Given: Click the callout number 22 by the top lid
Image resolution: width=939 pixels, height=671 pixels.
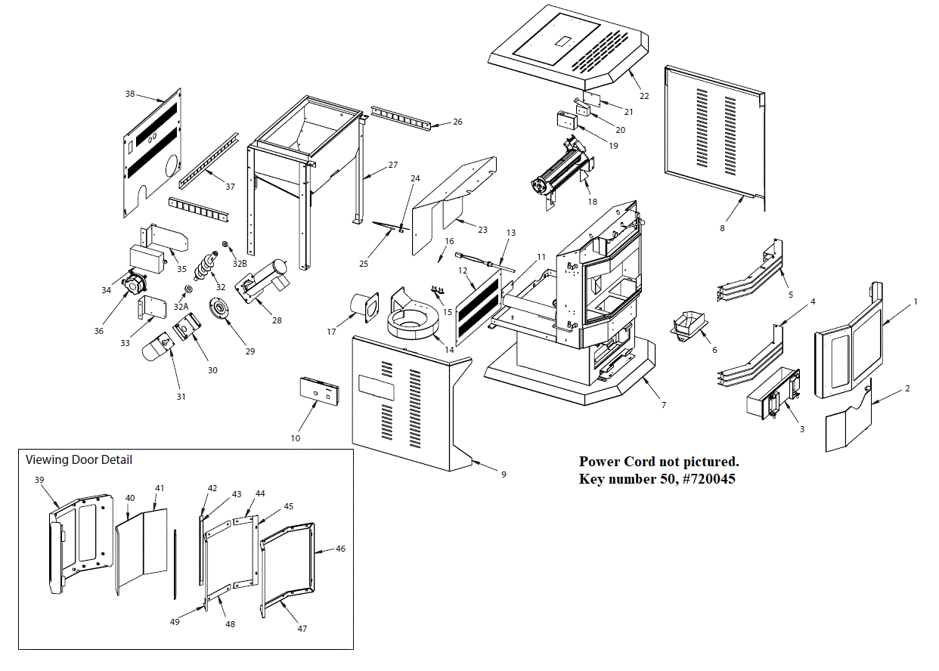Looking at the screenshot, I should click(x=643, y=96).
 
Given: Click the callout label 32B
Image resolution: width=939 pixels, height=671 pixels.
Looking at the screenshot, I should click(x=240, y=264).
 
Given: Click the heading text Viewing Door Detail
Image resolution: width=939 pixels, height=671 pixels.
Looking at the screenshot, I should click(x=79, y=459).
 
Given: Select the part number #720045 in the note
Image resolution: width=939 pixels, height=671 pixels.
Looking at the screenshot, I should click(x=709, y=478).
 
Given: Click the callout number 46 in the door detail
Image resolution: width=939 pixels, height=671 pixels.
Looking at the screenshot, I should click(x=341, y=549).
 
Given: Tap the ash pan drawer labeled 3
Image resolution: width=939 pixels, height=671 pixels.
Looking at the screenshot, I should click(x=773, y=392).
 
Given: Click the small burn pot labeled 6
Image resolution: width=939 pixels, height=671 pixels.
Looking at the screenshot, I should click(x=687, y=325).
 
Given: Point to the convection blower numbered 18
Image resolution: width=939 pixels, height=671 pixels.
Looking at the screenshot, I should click(x=561, y=174).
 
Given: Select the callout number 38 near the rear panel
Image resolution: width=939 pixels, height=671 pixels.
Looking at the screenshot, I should click(x=130, y=94).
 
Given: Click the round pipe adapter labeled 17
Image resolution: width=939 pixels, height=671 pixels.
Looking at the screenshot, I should click(x=364, y=309).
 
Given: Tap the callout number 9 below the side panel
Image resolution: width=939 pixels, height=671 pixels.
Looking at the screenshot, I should click(x=504, y=475).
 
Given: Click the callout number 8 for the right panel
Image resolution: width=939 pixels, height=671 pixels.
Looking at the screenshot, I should click(x=722, y=227).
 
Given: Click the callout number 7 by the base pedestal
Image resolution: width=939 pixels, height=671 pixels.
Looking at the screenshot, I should click(x=664, y=405).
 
